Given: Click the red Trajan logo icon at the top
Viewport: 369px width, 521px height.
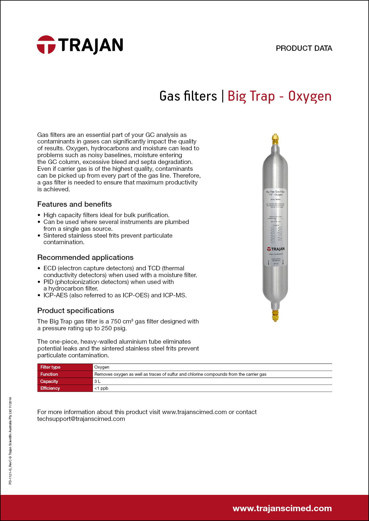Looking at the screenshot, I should coord(46,45).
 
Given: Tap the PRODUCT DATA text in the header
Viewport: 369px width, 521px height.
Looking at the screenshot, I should coord(304,48).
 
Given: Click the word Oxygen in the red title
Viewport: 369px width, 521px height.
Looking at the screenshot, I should coord(310,97).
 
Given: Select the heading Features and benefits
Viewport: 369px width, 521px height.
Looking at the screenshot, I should coord(74,204).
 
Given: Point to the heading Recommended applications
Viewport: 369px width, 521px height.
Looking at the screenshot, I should coord(85,258).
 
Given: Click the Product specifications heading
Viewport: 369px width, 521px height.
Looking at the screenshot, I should coord(76,311).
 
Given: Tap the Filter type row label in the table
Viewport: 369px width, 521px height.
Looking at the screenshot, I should coord(50,367).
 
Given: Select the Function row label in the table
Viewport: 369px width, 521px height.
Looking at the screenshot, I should coord(49,374).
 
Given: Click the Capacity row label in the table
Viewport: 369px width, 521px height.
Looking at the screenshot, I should coord(49,381).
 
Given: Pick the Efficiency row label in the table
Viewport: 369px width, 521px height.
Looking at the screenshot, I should coord(50,388).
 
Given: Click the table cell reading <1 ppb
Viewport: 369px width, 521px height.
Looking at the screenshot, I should coord(101,388).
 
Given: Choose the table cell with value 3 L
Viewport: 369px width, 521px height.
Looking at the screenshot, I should coord(97,381).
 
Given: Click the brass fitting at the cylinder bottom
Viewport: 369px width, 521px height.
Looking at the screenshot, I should coord(276,315).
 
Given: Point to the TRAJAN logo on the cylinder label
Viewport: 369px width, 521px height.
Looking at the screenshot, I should coord(276,249).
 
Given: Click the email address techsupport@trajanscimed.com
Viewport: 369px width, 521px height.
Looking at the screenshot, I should coord(81,419).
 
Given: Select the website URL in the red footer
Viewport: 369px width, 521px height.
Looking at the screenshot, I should coord(282,508).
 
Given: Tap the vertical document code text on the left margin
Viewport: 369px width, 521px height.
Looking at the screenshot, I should coord(10,441).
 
